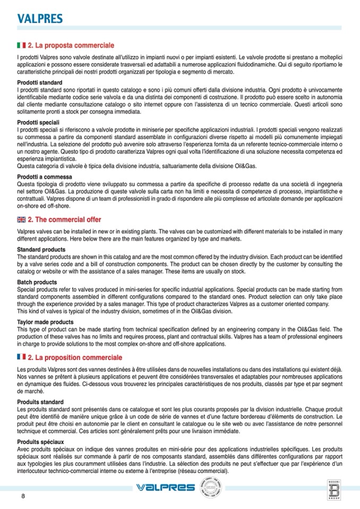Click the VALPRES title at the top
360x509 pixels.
[40, 19]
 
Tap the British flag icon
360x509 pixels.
[21, 220]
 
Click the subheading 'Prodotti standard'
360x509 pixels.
[40, 83]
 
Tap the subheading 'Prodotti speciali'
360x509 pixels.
[38, 123]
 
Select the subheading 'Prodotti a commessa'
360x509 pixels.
[42, 176]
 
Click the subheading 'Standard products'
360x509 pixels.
[41, 249]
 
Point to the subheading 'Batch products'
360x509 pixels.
[37, 282]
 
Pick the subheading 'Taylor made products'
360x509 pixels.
[45, 322]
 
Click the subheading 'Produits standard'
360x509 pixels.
[40, 402]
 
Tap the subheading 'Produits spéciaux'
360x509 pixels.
[40, 442]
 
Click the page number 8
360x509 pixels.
[23, 496]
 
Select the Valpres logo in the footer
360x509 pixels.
[165, 487]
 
